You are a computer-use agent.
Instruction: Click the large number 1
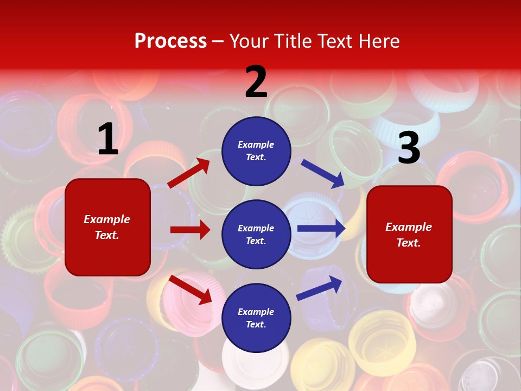click(x=108, y=140)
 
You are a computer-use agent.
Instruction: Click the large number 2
click(x=256, y=82)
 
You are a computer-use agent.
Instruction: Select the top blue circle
click(x=256, y=151)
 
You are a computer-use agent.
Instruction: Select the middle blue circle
click(x=256, y=234)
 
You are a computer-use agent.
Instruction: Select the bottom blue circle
click(x=256, y=318)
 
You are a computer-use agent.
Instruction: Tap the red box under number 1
click(x=107, y=227)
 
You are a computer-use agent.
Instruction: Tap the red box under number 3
click(x=409, y=235)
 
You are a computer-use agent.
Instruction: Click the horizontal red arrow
click(x=190, y=230)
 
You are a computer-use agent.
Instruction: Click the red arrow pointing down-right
click(x=190, y=289)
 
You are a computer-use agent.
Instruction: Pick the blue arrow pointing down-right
click(x=323, y=174)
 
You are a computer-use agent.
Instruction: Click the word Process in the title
click(x=170, y=41)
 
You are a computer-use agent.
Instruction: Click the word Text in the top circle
click(x=256, y=157)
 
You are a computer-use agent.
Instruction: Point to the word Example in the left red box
click(x=107, y=219)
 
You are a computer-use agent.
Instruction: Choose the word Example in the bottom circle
click(x=256, y=312)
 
